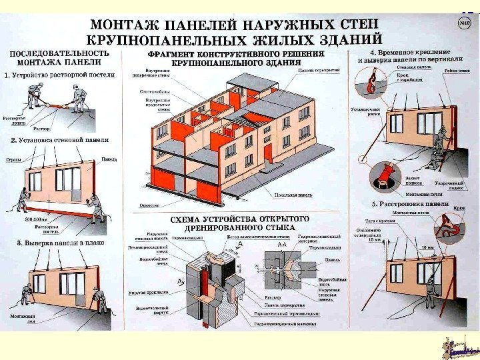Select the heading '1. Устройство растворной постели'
click(x=60, y=75)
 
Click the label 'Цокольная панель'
click(x=293, y=195)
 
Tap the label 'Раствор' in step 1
click(x=41, y=127)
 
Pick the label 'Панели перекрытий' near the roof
click(x=320, y=69)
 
